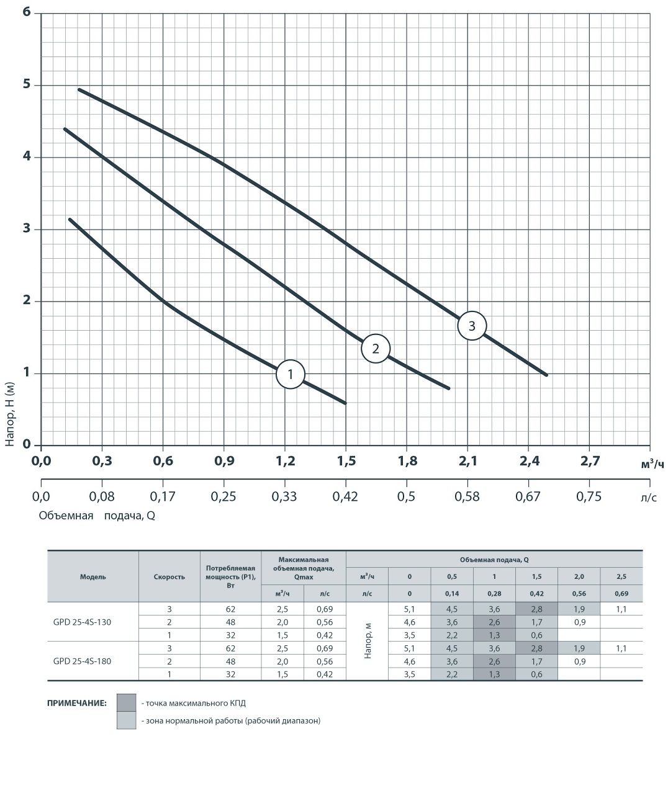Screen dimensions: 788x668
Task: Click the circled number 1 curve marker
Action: click(x=290, y=374)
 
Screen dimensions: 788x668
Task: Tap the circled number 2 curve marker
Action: click(x=375, y=348)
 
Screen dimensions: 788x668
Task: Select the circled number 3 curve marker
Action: click(x=472, y=326)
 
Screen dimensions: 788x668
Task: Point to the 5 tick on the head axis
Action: click(x=27, y=84)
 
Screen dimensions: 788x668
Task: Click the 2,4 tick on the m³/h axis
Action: click(x=529, y=461)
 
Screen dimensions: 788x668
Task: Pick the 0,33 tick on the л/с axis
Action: click(x=285, y=496)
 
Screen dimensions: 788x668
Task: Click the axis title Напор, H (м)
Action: click(x=9, y=413)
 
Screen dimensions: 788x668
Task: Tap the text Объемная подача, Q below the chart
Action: click(x=96, y=516)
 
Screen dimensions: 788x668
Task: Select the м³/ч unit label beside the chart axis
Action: click(x=652, y=464)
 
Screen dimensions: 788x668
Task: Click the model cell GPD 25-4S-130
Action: click(x=83, y=622)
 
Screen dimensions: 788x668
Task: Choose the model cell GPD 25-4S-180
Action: click(x=83, y=661)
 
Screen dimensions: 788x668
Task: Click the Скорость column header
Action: click(x=169, y=576)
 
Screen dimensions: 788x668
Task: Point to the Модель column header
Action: click(x=93, y=576)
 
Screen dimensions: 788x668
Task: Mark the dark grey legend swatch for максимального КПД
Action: click(x=126, y=702)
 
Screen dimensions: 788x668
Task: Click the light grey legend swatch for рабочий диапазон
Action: click(x=126, y=720)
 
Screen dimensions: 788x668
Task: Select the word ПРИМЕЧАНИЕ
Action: click(x=77, y=703)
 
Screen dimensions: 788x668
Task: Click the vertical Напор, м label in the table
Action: click(x=368, y=641)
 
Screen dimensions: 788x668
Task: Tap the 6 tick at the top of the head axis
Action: click(x=27, y=12)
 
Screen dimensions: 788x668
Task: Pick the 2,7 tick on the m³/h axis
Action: click(x=590, y=461)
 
